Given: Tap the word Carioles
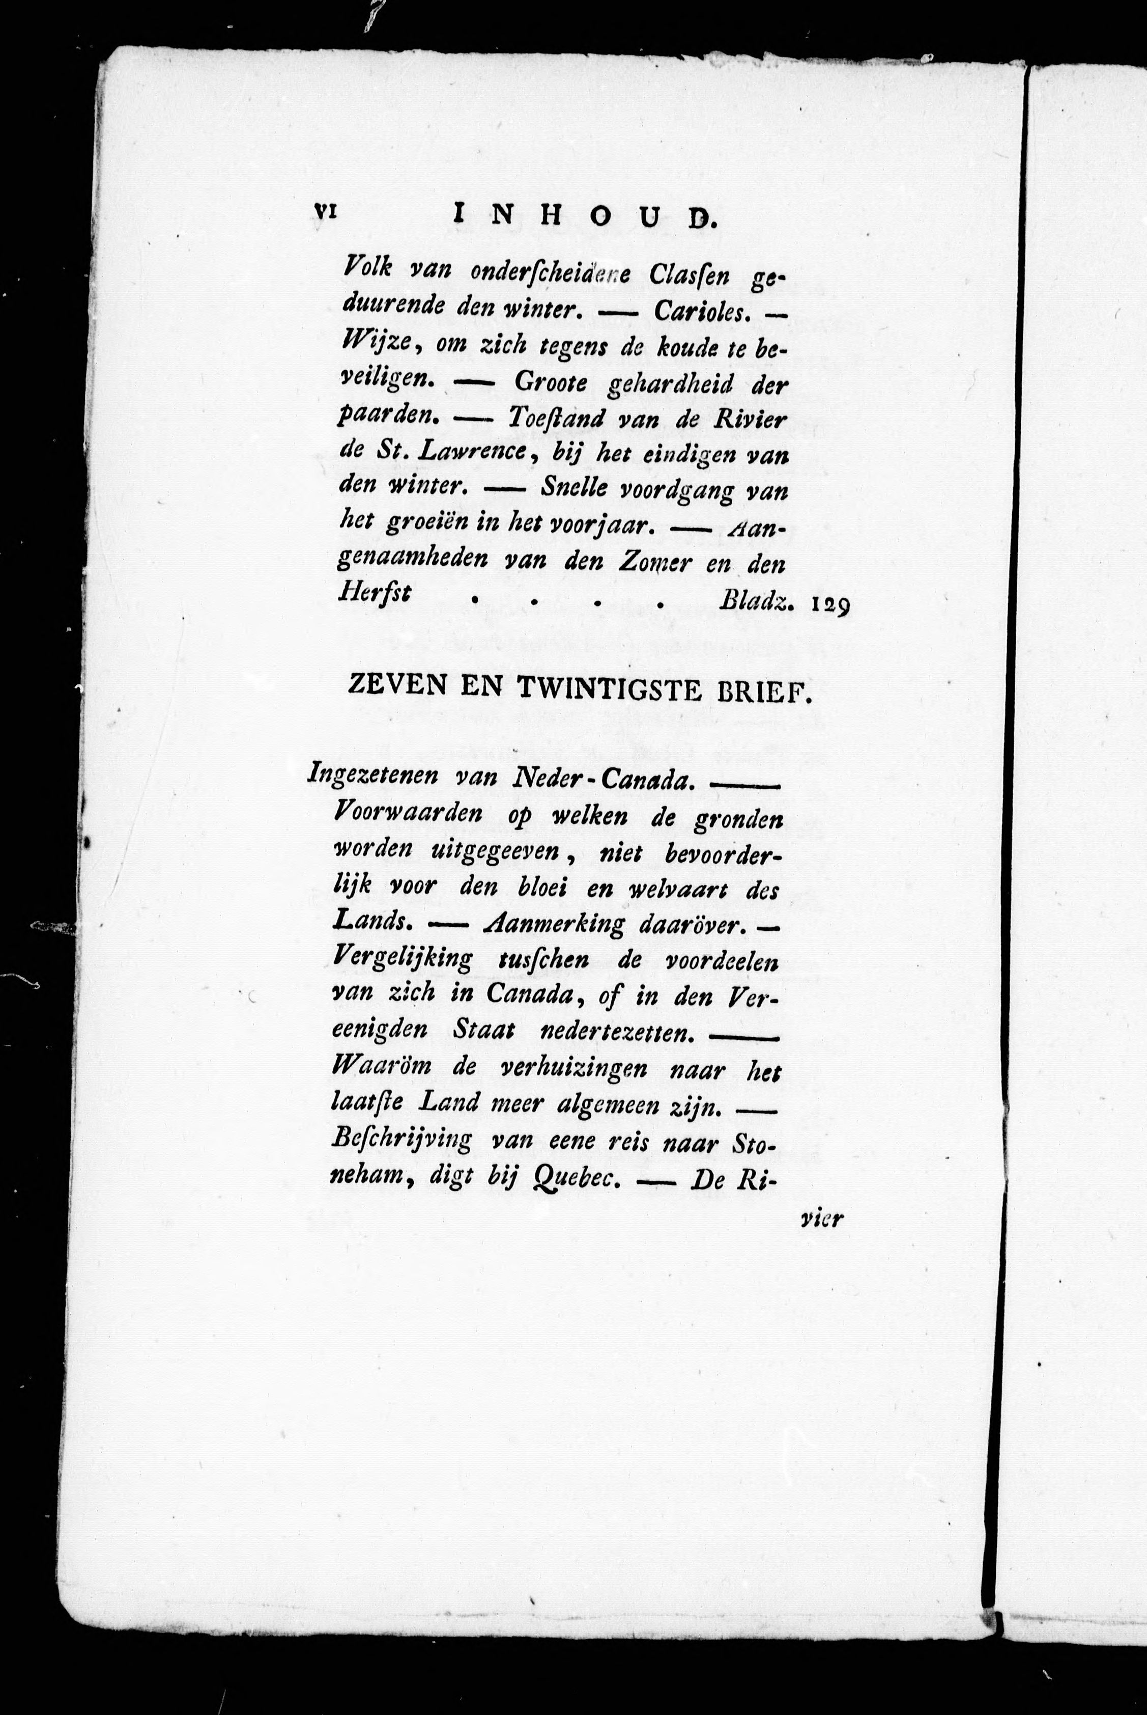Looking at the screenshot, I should [x=701, y=311].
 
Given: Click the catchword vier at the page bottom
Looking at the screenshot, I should [x=822, y=1220].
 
